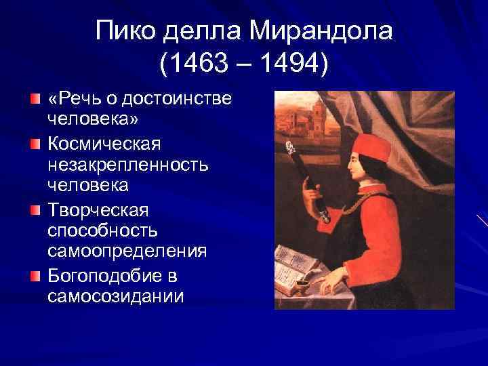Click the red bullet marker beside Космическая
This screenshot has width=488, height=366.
[36, 144]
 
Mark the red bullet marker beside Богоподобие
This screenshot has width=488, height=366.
[36, 274]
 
